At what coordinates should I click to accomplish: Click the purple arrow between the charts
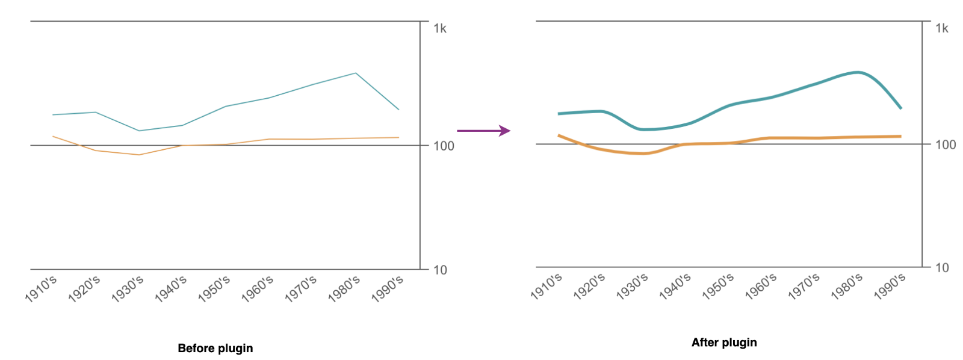tap(483, 130)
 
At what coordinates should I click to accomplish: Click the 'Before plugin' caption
tap(215, 348)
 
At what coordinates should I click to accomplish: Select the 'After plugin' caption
tap(724, 343)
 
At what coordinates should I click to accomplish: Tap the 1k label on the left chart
tap(440, 28)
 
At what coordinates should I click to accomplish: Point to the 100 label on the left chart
tap(444, 146)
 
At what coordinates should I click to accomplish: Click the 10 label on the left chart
tap(441, 270)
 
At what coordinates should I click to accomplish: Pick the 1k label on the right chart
tap(942, 28)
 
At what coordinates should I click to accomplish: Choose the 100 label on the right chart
tap(946, 144)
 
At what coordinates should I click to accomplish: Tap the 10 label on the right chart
tap(942, 267)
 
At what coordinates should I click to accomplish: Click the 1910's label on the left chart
tap(42, 288)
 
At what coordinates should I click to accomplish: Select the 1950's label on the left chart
tap(214, 288)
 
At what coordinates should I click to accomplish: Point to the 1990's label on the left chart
tap(388, 288)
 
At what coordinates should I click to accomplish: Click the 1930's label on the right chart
tap(632, 286)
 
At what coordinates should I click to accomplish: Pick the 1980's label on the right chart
tap(847, 286)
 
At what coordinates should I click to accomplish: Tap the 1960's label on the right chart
tap(761, 286)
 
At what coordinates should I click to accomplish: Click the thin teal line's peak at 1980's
tap(356, 73)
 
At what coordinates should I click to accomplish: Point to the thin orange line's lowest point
tap(139, 155)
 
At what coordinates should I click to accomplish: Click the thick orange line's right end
tap(900, 136)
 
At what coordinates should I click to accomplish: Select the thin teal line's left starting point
tap(53, 114)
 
